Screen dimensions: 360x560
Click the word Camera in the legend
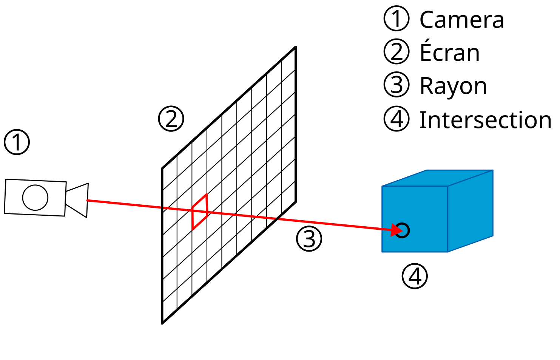coord(461,20)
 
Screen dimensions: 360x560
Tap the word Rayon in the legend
coord(453,86)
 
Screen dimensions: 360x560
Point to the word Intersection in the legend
coord(485,120)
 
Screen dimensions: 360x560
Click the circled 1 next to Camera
coord(396,19)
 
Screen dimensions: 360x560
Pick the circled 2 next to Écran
coord(396,52)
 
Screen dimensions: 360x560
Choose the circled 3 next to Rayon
coord(396,85)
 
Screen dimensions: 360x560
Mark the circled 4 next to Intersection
coord(396,119)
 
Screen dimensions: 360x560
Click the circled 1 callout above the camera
coord(17,142)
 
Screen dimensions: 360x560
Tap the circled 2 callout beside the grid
coord(171,119)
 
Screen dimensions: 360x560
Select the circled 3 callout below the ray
coord(309,239)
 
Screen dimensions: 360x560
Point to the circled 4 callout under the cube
coord(415,276)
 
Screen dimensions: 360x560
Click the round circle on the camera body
coord(35,197)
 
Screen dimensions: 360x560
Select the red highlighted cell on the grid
coord(200,212)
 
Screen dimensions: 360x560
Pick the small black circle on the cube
coord(403,230)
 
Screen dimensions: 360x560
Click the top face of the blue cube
coord(437,178)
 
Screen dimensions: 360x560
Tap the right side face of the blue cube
coord(470,212)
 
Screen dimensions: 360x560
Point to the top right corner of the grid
coord(295,47)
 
